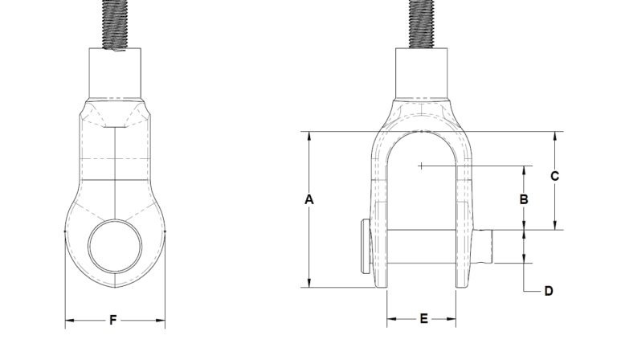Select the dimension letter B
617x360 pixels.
[x=523, y=198]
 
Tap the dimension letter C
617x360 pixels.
[x=554, y=176]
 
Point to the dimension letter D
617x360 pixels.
[x=549, y=291]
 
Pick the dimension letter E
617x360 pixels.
[x=424, y=319]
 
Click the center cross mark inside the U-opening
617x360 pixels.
[x=421, y=166]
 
